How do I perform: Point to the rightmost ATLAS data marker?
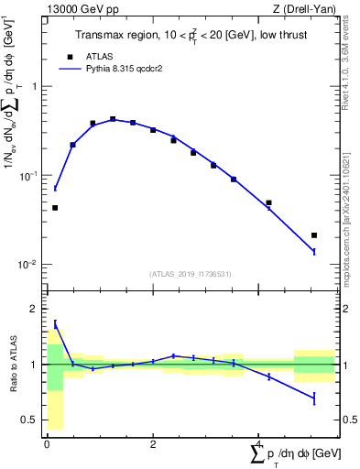[314, 235]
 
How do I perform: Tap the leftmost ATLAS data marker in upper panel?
[55, 208]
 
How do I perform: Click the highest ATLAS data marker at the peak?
[113, 119]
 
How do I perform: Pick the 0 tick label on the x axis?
[47, 444]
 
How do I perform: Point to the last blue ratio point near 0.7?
[314, 398]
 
